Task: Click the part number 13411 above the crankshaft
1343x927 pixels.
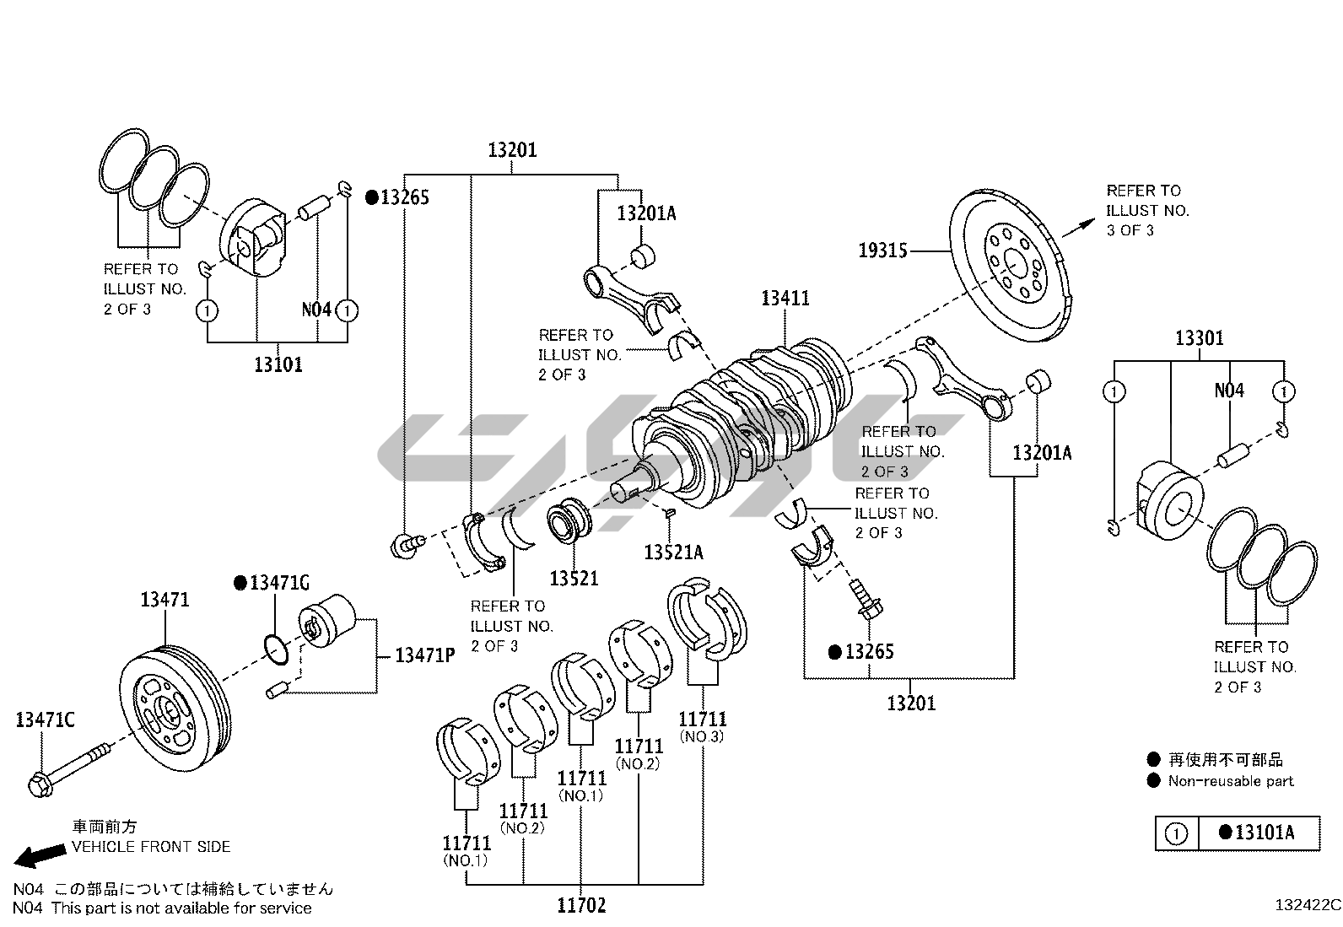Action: tap(785, 298)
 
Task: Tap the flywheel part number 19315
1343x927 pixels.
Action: tap(883, 251)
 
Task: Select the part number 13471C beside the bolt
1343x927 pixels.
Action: tap(45, 720)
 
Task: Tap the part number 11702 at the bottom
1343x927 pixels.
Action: tap(581, 906)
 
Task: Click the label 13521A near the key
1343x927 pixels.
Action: tap(672, 552)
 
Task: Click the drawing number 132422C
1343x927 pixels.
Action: tap(1307, 906)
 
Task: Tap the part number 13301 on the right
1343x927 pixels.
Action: tap(1199, 338)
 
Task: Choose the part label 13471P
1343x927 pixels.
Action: tap(425, 655)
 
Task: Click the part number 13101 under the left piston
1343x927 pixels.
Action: tap(278, 364)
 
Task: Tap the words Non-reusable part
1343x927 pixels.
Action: tap(1230, 781)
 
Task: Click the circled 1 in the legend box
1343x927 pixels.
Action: tap(1176, 833)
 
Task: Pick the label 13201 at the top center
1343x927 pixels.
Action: tap(512, 150)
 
